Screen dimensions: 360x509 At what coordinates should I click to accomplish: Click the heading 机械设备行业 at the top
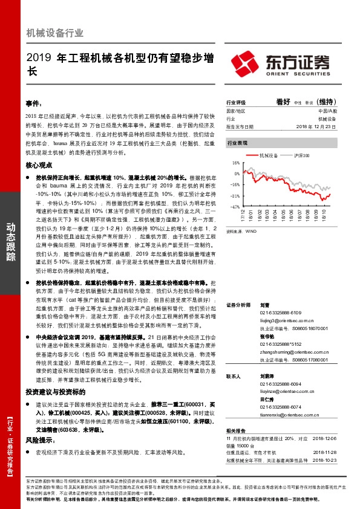[55, 33]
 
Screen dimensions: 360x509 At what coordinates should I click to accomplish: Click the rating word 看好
[284, 102]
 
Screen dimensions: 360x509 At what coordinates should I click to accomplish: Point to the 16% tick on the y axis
[235, 164]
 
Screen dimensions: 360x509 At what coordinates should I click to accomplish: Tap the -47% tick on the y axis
[235, 207]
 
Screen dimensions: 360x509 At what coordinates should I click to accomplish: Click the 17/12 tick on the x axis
[243, 215]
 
